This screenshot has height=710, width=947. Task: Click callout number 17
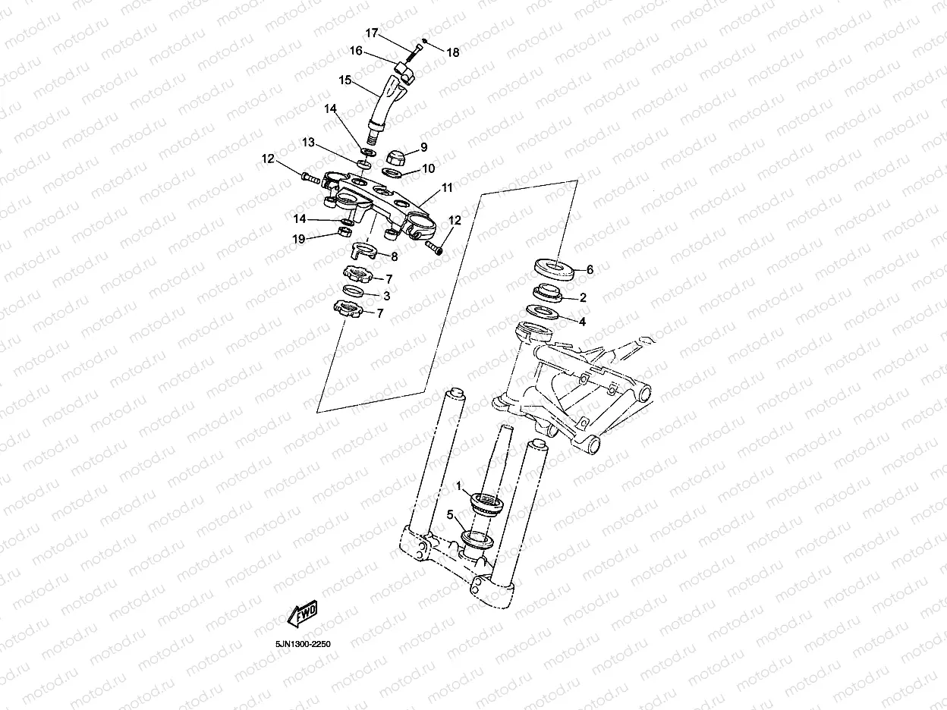point(372,33)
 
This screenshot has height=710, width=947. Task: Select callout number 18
point(453,52)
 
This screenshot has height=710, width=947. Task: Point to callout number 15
point(345,80)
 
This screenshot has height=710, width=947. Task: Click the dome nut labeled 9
point(395,156)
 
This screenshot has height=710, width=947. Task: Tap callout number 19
point(300,239)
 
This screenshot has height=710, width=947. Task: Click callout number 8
point(394,256)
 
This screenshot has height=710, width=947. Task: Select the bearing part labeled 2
point(548,292)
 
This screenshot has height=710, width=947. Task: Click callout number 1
point(458,483)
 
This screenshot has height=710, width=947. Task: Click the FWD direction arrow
point(301,612)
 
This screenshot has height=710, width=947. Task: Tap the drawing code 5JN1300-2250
point(304,644)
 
